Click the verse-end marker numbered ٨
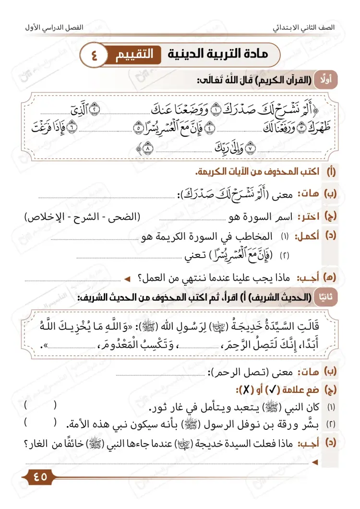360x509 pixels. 146,149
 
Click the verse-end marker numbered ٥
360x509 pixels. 137,128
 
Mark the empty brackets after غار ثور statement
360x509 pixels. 40,406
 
